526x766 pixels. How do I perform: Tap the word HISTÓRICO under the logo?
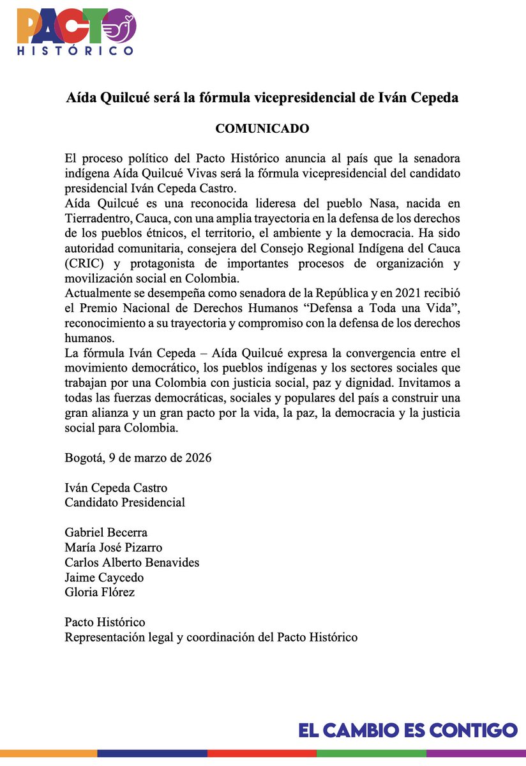coord(75,50)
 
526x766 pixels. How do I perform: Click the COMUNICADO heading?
coord(262,129)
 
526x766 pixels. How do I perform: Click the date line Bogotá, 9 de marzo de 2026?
coord(138,458)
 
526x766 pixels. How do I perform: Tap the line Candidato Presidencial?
coord(125,502)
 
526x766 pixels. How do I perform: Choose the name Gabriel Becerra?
coord(106,532)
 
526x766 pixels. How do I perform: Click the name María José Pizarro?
coord(114,548)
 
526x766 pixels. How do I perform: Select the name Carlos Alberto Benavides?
coord(132,562)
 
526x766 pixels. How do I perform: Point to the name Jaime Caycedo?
coord(104,578)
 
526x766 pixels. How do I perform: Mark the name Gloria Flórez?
coord(100,592)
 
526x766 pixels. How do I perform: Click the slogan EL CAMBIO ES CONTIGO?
coord(408,730)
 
